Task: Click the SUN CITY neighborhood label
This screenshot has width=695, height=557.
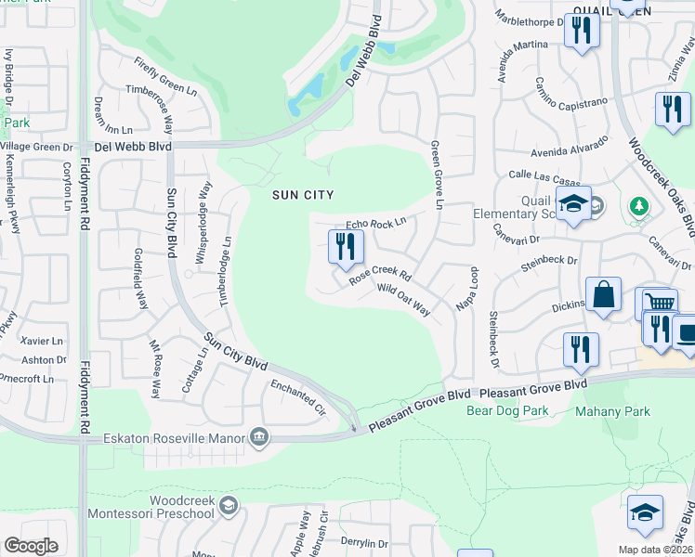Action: point(302,195)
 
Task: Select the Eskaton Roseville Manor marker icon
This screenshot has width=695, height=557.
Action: point(259,437)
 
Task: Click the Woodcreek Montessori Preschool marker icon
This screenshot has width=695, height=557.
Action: point(229,506)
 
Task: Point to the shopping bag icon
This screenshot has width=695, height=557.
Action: point(603,295)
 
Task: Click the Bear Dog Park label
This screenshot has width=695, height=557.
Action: point(506,409)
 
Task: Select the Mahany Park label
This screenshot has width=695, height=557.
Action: point(612,411)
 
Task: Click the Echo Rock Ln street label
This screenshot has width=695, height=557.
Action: point(376,223)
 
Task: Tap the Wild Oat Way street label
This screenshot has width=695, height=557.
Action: point(404,300)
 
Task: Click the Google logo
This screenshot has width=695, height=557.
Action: point(32,546)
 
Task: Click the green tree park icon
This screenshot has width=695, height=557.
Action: point(638,205)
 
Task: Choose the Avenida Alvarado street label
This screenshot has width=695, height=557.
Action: point(570,147)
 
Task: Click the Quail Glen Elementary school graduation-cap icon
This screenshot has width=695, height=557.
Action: point(573,204)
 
